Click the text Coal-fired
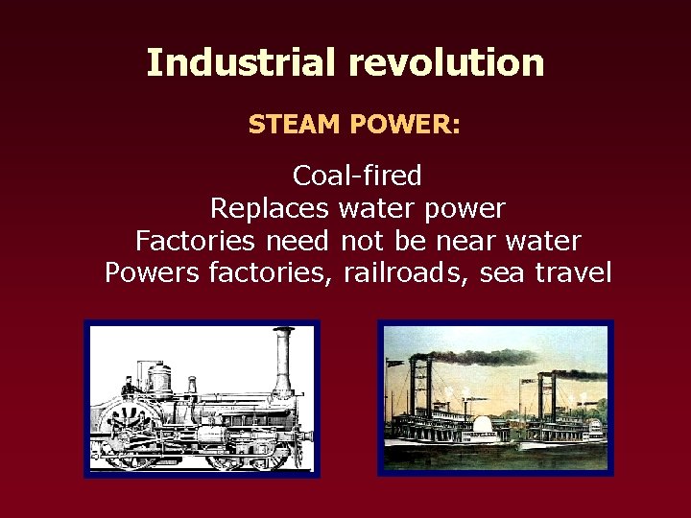357,176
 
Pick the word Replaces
269,208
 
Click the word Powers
153,272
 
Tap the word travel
573,272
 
